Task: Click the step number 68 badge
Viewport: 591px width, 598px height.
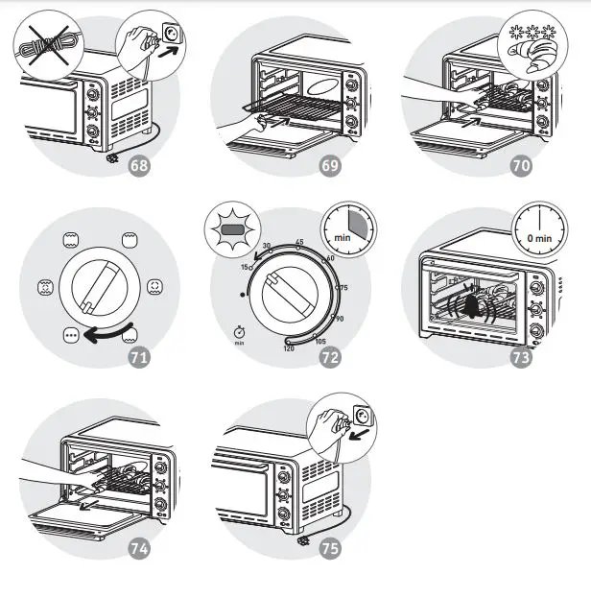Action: point(139,165)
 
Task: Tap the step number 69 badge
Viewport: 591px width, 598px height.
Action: point(330,165)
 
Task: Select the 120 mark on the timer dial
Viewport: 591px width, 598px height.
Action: point(288,348)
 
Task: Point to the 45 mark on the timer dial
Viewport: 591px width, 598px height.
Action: point(300,243)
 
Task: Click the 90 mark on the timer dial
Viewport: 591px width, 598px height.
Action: point(340,319)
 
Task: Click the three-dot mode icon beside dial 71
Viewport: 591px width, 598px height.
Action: point(70,335)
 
